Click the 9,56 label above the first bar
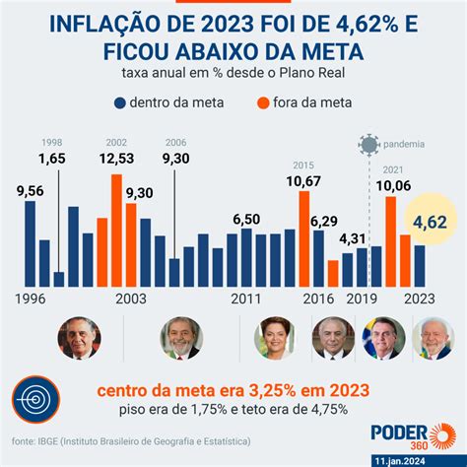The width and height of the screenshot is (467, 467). click(30, 190)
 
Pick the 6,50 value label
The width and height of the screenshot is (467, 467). click(246, 219)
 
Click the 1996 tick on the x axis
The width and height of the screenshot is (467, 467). click(30, 299)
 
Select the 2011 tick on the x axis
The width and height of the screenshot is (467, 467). click(246, 299)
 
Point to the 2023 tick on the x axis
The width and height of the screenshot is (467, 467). click(419, 299)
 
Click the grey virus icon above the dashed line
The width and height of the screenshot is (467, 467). click(368, 144)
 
